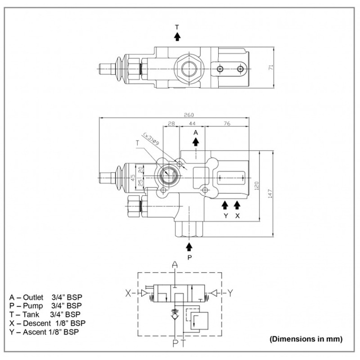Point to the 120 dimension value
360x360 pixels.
256,186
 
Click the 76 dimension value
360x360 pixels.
227,123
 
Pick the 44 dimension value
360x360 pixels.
192,123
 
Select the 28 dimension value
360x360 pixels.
171,123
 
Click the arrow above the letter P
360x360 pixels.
189,246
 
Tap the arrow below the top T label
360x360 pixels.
177,37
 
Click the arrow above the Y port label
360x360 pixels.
225,204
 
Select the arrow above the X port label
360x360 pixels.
237,204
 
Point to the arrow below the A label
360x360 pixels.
195,141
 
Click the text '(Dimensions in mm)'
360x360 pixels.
305,339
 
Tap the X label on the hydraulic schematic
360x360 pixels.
128,292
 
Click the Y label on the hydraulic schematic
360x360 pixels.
229,292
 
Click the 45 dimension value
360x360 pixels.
133,178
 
